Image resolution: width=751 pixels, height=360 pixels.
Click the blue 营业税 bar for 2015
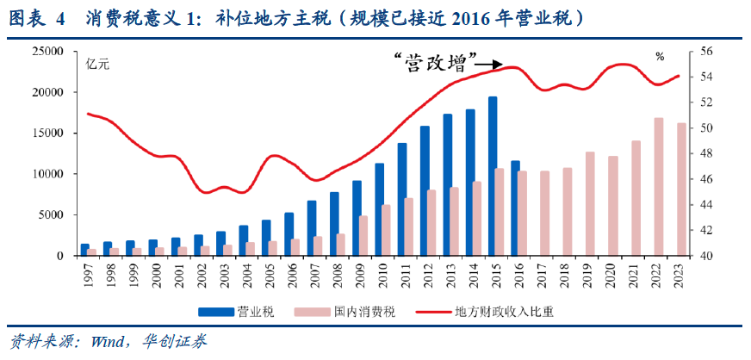pos(493,176)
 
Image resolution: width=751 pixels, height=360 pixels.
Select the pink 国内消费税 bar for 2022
pos(659,187)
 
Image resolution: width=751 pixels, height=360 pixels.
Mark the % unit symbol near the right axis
pos(660,57)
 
